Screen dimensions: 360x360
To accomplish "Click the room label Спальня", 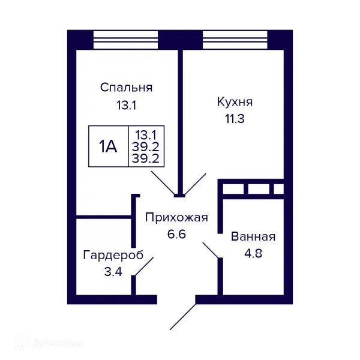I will coord(126,88).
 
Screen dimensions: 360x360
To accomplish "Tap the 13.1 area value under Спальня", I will coord(126,106).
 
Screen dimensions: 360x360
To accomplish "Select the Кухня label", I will coord(235,101).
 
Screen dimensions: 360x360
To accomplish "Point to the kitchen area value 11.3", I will coord(235,118).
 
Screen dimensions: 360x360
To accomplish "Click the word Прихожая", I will coord(176,217).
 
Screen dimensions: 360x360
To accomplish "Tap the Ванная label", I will coord(253,236).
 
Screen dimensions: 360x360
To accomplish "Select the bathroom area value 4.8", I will coord(253,253).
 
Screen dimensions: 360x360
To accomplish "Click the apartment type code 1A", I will coord(108,146).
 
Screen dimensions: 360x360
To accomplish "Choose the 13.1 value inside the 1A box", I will coord(146,134).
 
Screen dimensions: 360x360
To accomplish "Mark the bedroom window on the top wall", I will coord(125,39).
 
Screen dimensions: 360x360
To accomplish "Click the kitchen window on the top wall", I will coord(235,39).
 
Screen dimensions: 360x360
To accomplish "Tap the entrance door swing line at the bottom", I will coord(183,317).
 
